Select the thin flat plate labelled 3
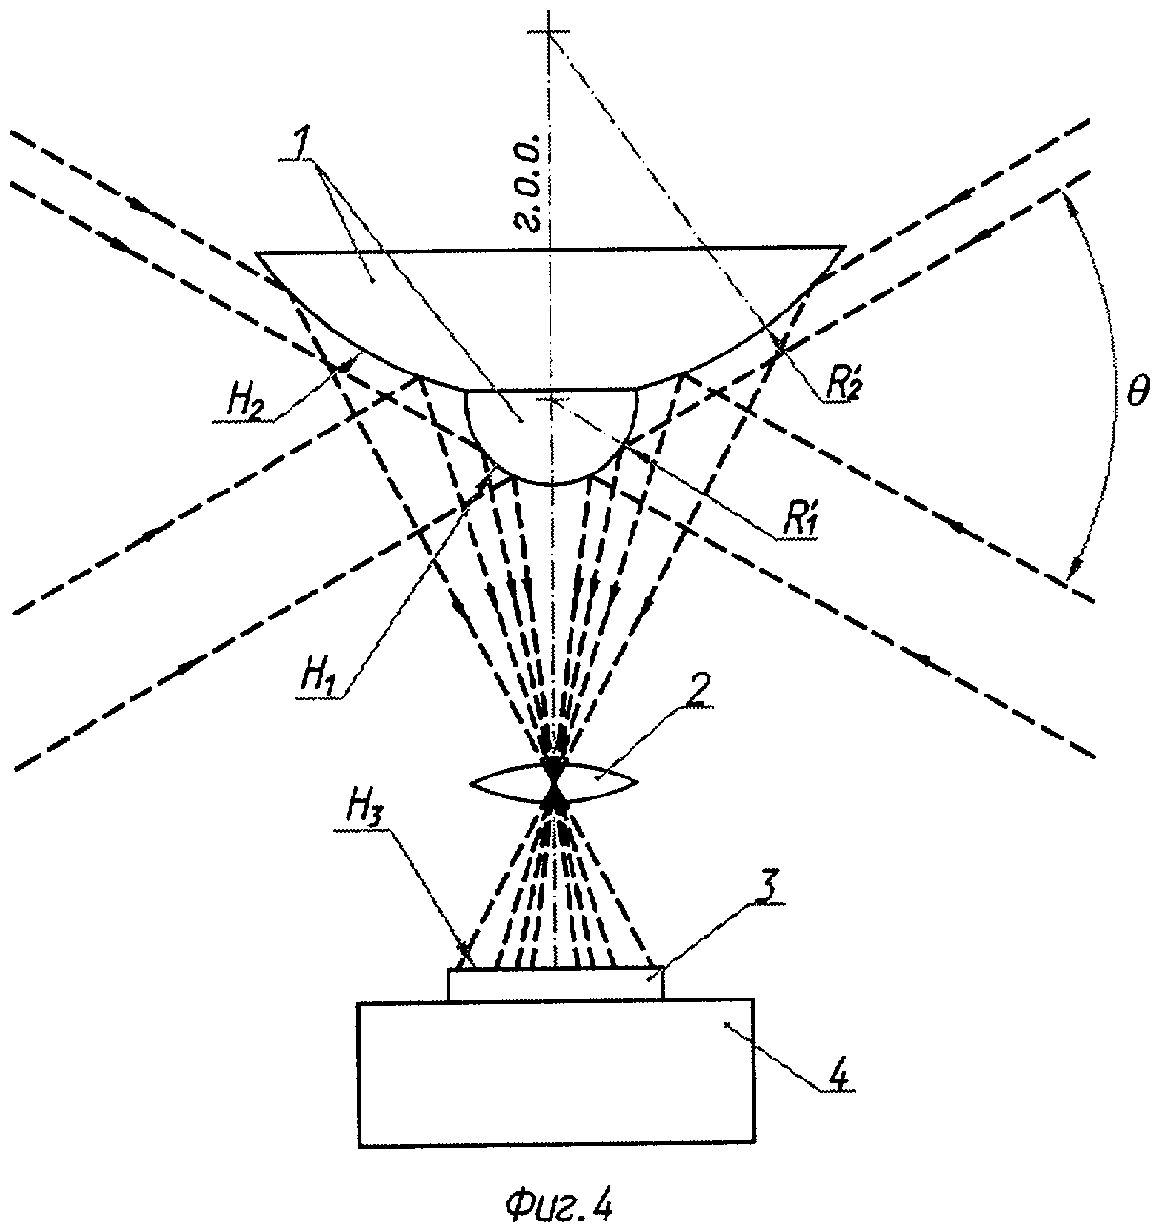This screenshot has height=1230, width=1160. click(555, 984)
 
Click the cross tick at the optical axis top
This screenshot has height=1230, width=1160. click(550, 35)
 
